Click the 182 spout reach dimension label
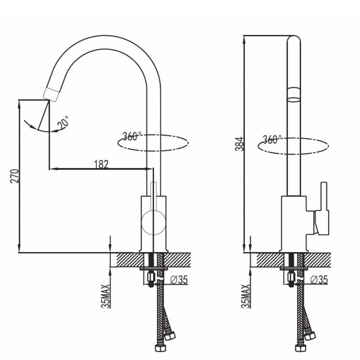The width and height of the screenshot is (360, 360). (x=102, y=163)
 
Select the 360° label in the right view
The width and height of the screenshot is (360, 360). (x=272, y=140)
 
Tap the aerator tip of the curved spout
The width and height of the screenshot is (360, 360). (x=51, y=93)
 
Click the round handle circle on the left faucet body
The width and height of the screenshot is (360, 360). (x=153, y=223)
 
